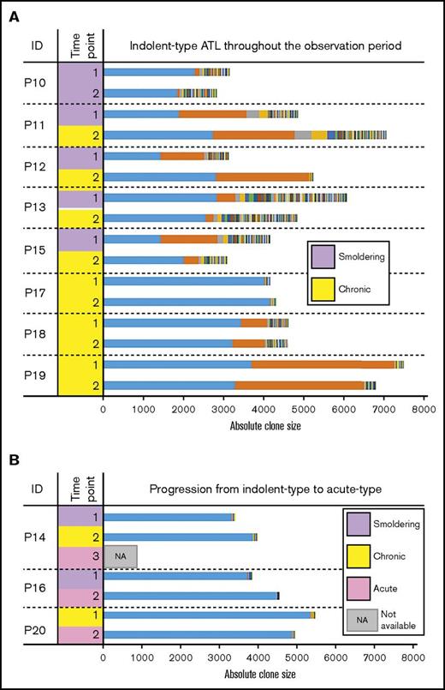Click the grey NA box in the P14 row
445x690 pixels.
pos(120,555)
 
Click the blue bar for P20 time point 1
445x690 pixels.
pos(206,615)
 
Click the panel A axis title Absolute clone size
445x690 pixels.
pos(264,424)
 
